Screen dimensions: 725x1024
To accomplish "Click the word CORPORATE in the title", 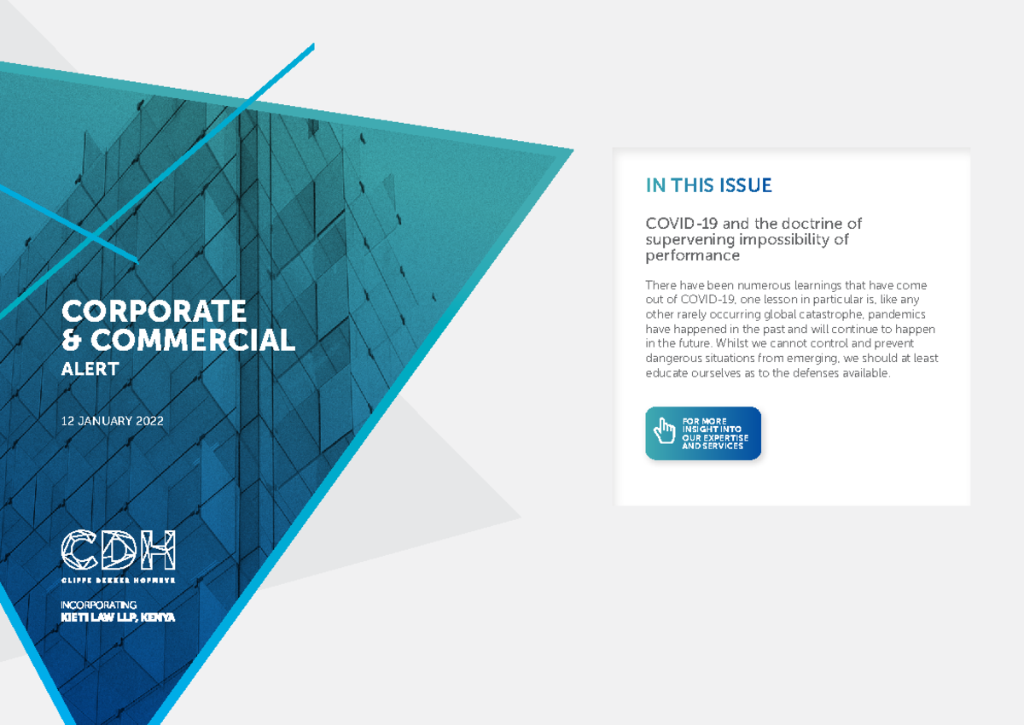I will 154,310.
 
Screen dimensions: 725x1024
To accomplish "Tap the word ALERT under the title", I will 90,369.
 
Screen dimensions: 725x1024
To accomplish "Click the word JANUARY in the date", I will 102,420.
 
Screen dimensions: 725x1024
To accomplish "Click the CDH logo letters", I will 118,550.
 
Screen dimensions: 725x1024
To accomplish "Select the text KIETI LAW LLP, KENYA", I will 118,617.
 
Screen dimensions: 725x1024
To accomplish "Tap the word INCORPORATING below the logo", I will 99,605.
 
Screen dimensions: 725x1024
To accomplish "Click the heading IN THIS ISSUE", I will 708,185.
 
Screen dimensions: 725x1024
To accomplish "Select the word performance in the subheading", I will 692,255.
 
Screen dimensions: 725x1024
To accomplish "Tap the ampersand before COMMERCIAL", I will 73,341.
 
